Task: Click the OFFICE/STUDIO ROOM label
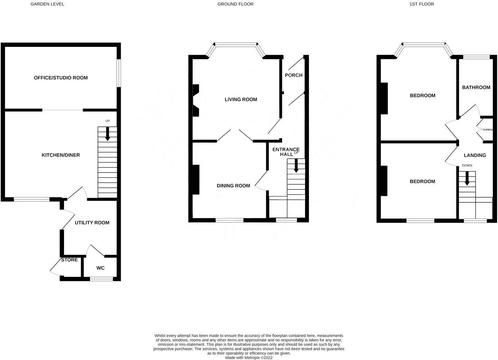point(61,78)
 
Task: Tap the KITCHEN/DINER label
point(61,155)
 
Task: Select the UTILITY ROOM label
point(92,223)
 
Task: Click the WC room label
point(100,268)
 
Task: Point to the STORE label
point(70,260)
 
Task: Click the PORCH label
point(294,75)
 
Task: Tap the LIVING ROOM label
point(241,99)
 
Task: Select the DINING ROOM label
point(233,186)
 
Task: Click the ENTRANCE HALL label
point(286,152)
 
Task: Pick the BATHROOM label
point(476,87)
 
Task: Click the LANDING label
point(475,155)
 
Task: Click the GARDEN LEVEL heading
point(47,4)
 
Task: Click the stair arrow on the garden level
point(107,134)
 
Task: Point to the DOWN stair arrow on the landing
point(467,179)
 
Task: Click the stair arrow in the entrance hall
point(296,166)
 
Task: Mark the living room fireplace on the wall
point(196,100)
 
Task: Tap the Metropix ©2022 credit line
point(249,358)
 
